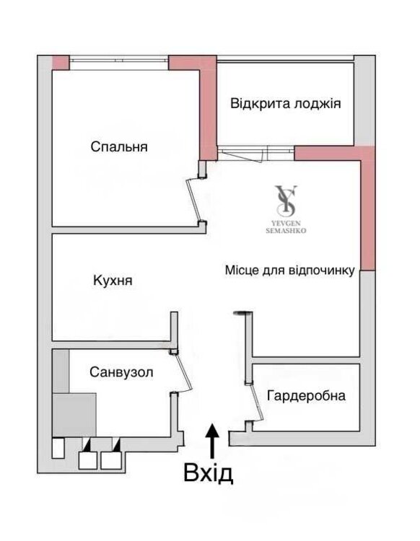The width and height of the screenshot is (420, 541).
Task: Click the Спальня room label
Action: pos(119,147)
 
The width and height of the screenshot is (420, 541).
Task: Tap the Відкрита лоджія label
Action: pos(286,103)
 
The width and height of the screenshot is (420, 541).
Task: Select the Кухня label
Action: pos(113,280)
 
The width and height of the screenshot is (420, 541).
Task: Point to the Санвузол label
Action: pos(121,372)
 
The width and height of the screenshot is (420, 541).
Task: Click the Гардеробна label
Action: pos(306,395)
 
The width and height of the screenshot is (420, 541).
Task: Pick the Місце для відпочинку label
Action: pos(290,270)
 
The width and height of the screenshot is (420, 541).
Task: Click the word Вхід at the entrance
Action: pos(208,473)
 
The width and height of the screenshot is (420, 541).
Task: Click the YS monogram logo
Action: pos(286,200)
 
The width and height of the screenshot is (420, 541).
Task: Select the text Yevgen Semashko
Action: pos(286,227)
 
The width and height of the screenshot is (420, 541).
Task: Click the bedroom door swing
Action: pos(193,199)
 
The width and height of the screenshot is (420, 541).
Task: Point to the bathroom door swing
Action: pos(183,372)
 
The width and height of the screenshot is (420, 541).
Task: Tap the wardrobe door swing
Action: pos(256,403)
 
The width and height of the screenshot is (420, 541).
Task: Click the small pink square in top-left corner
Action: pos(61,63)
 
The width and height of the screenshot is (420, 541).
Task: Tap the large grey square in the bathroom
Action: pos(74,415)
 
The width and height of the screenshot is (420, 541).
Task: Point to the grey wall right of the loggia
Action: pos(364,100)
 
